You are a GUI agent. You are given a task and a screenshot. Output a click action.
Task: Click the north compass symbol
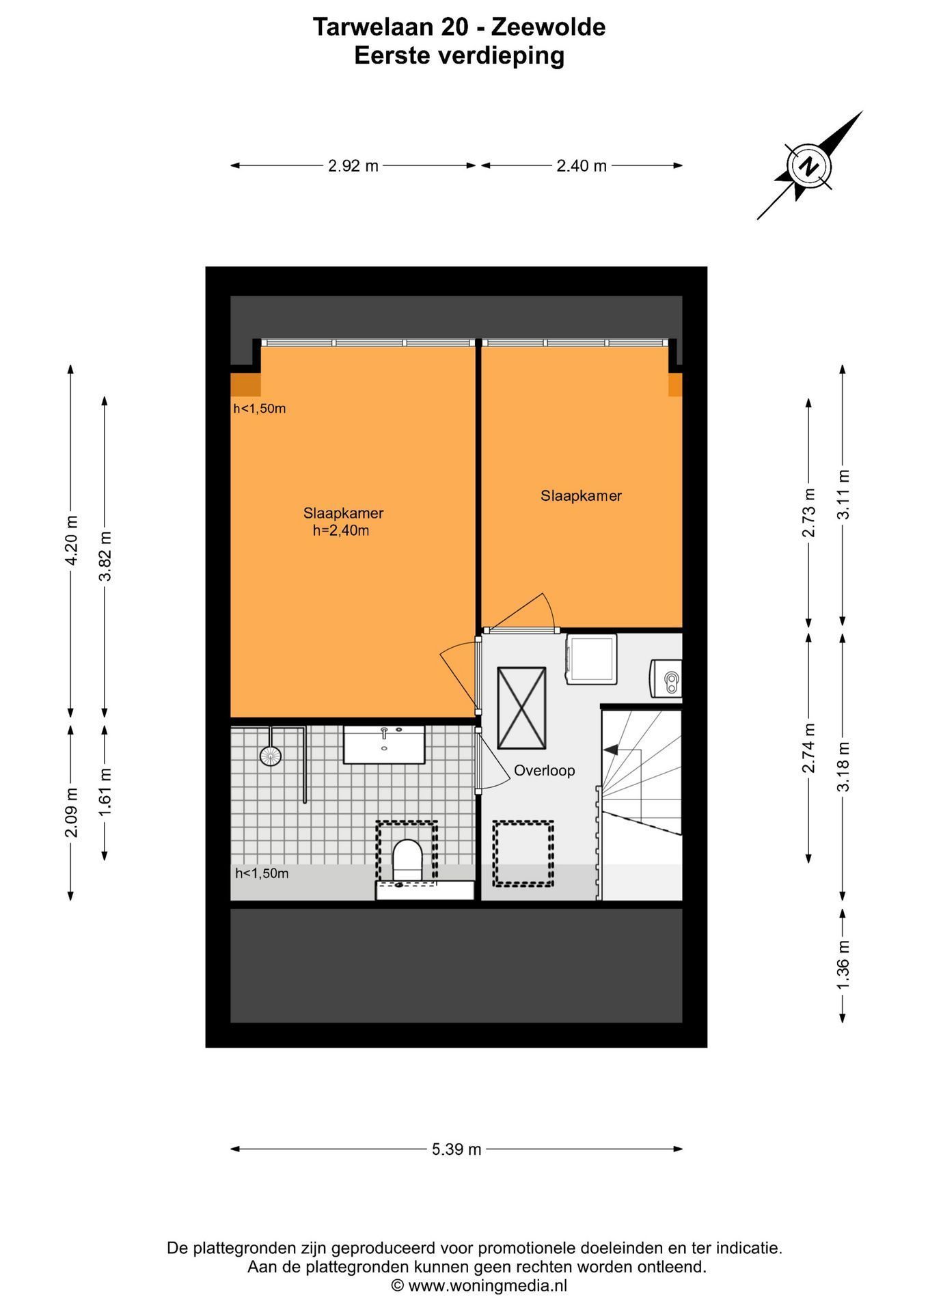(x=810, y=165)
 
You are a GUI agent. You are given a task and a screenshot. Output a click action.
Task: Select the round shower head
(x=270, y=755)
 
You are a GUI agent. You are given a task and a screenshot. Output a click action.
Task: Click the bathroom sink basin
(x=384, y=745)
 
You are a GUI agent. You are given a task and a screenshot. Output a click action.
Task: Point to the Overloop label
(x=545, y=771)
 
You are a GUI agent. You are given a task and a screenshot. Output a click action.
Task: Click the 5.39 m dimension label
(x=456, y=1149)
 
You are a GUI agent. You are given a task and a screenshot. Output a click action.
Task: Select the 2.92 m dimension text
(x=353, y=166)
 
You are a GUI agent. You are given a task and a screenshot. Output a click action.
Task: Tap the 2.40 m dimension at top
(x=582, y=166)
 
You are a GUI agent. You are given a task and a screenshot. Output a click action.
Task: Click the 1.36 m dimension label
(x=843, y=964)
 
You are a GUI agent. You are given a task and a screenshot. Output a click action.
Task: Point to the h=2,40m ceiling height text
(x=341, y=531)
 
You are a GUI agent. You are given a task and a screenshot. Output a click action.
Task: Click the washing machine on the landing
(x=590, y=658)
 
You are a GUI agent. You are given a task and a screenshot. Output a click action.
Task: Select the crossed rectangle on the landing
(x=521, y=709)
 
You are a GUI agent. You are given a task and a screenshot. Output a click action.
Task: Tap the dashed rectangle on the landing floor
(x=523, y=853)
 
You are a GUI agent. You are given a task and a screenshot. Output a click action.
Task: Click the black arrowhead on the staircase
(x=610, y=750)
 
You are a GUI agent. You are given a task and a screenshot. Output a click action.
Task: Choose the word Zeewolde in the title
(x=549, y=27)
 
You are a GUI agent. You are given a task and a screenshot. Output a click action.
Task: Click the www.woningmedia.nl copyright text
(x=479, y=1285)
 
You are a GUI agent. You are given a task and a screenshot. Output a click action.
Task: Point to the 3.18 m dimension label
(x=843, y=767)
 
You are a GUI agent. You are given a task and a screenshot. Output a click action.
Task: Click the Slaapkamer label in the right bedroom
(x=582, y=496)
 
